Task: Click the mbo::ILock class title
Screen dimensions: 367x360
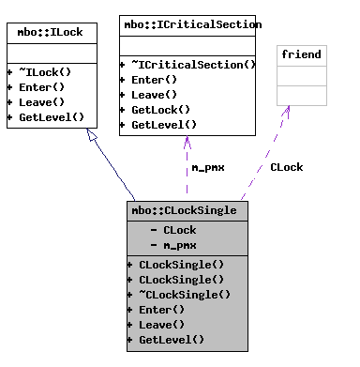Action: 51,33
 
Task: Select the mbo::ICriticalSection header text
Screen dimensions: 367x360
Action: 190,24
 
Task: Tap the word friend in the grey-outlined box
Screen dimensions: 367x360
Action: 301,54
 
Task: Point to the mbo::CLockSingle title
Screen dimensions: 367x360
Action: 187,211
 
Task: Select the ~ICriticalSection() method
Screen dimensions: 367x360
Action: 191,65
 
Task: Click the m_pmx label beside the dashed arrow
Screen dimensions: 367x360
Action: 207,168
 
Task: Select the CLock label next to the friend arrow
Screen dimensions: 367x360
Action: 286,168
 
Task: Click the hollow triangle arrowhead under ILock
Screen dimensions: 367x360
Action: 91,136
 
